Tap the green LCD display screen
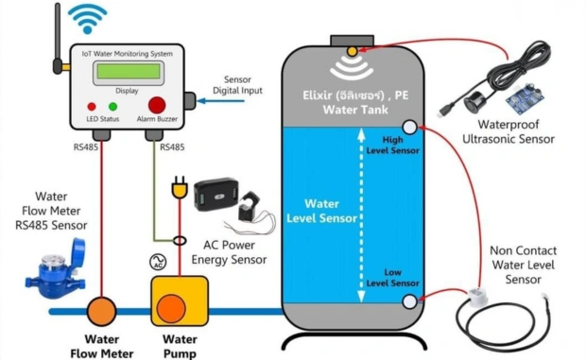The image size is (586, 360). click(x=129, y=71)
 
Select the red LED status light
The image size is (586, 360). click(x=92, y=107)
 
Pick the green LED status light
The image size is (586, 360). click(x=112, y=107)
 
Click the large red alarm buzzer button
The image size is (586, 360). click(x=157, y=105)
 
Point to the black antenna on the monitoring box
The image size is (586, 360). click(x=57, y=39)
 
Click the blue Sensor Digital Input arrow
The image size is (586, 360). click(x=220, y=101)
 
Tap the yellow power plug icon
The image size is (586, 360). click(x=179, y=187)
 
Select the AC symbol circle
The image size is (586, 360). click(x=158, y=262)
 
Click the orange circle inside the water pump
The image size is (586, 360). click(x=171, y=308)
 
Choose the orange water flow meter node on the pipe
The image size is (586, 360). click(x=101, y=311)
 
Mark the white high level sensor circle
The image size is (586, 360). click(x=410, y=127)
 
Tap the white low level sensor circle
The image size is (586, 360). click(x=409, y=301)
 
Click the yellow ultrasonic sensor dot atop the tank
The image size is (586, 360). click(x=352, y=52)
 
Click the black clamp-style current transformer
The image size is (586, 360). click(x=250, y=206)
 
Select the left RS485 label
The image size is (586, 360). click(x=86, y=147)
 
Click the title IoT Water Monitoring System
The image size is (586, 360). click(x=128, y=54)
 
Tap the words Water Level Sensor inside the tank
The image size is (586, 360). click(x=321, y=211)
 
